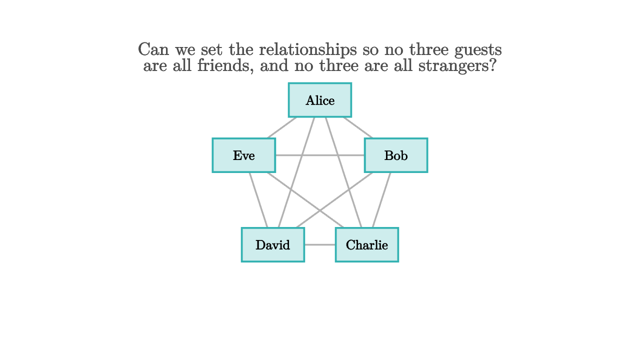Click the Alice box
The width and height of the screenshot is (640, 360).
coord(320,100)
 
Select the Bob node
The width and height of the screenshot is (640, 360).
coord(396,155)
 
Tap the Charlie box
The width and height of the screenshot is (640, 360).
coord(367,245)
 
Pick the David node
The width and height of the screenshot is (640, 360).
coord(273,245)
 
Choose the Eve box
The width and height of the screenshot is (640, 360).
coord(243,155)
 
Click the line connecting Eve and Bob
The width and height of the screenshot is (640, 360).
coord(320,155)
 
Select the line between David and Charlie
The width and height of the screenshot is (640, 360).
coord(320,245)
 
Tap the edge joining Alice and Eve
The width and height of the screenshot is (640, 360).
coord(281,127)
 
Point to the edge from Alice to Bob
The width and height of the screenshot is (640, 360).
coord(358,127)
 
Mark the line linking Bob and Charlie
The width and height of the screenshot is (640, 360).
coord(381,200)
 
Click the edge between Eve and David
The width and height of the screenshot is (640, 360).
coord(258,200)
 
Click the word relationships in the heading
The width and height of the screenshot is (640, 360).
coord(307,50)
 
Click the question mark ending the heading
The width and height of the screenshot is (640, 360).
coord(493,65)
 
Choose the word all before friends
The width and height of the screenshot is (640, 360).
coord(182,65)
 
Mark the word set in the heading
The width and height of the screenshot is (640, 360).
coord(211,49)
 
